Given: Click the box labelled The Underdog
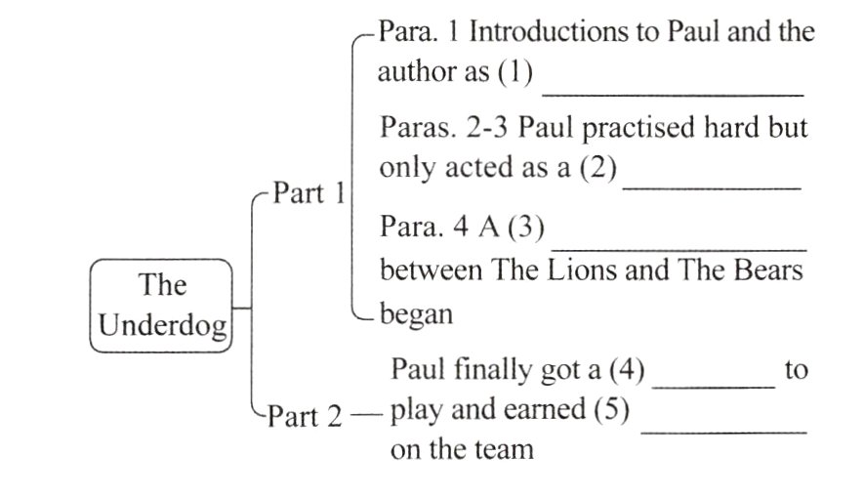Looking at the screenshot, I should pos(162,305).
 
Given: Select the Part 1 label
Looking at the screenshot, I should pos(308,193).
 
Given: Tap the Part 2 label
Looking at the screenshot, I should pos(306,417).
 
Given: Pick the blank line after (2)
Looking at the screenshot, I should pos(711,185).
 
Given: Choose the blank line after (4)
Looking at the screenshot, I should pos(713,387).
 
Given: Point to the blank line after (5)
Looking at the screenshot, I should pos(723,430).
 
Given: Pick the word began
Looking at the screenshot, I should pos(416,314).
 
